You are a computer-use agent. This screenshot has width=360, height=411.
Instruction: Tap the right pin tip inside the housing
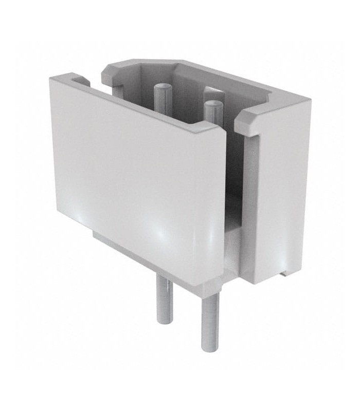point(213,104)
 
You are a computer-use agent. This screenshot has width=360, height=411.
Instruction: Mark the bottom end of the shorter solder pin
point(164,321)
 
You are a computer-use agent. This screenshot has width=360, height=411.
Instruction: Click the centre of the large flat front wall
point(139,180)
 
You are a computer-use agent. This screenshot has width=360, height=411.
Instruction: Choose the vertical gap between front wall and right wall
point(233,206)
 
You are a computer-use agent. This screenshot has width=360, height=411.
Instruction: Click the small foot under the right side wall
point(283,273)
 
